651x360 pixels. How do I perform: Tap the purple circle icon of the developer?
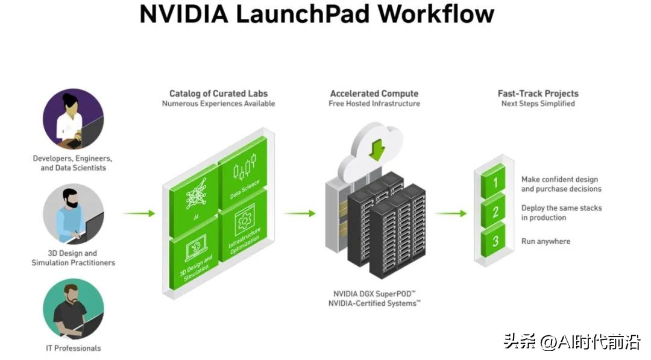[x=73, y=119]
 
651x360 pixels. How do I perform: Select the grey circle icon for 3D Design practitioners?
[x=73, y=214]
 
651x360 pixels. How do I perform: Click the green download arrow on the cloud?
[x=377, y=148]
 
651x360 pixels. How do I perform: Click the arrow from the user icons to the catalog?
[x=139, y=213]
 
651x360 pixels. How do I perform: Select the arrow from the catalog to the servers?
[x=300, y=213]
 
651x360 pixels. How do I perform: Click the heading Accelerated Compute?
[x=374, y=93]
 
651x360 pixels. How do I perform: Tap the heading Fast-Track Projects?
[x=538, y=93]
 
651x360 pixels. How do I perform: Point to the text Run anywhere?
[x=546, y=241]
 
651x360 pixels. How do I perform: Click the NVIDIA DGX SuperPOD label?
[x=374, y=293]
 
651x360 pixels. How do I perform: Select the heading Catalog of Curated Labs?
[x=218, y=93]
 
